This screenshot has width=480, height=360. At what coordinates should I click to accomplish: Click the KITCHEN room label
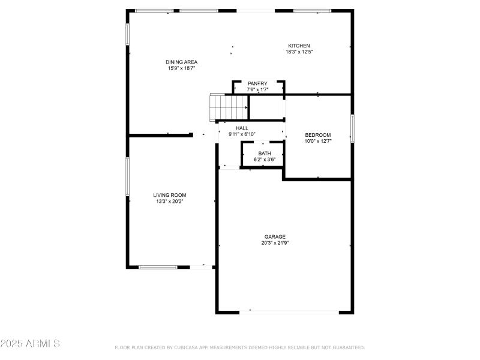point(299,46)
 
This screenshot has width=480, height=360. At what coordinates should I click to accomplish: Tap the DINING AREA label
point(182,62)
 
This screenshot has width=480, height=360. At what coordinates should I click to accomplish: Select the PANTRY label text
point(258,83)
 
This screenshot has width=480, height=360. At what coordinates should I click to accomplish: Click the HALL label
point(242,128)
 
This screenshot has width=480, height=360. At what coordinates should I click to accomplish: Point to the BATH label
point(265,154)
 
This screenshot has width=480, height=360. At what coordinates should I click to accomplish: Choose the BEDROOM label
point(318,135)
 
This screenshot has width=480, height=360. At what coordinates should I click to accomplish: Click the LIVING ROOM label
point(169,195)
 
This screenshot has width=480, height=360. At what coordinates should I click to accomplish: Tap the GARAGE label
point(275,236)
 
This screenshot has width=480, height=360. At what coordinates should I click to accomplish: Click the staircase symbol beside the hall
point(228,107)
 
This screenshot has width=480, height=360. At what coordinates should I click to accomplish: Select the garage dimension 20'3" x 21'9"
point(275,244)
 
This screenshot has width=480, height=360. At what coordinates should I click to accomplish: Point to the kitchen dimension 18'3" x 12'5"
point(299,52)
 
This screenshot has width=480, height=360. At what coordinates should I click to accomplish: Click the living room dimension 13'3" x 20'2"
point(169,202)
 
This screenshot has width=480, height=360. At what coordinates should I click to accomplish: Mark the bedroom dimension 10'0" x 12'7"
point(318,142)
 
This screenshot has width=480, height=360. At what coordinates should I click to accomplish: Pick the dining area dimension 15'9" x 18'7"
point(182,68)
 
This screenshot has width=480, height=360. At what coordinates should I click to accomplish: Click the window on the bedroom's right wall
point(352,128)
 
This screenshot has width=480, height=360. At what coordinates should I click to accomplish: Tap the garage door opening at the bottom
point(289,311)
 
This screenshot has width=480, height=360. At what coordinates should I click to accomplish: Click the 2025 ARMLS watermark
point(30,344)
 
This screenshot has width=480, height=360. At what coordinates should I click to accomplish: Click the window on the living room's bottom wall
point(158,267)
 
